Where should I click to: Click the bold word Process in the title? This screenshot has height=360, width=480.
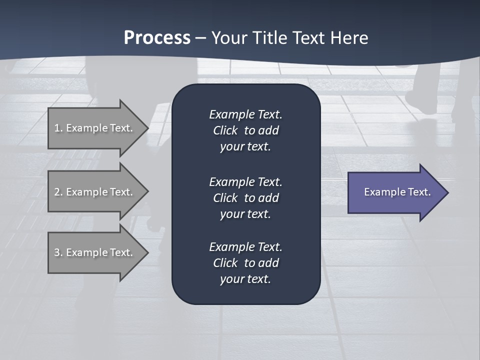point(157,38)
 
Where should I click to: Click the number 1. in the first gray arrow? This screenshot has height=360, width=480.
point(58,128)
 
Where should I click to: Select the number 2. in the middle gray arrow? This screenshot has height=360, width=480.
point(58,192)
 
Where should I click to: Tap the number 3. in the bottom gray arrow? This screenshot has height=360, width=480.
point(58,252)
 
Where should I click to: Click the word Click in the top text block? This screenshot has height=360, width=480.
point(225,131)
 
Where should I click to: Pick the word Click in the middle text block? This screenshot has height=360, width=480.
point(225,198)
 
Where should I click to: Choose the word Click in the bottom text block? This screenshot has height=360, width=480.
point(225,263)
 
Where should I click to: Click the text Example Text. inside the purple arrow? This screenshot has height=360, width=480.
point(397,192)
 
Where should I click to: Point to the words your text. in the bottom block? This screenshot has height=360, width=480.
point(245,279)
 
